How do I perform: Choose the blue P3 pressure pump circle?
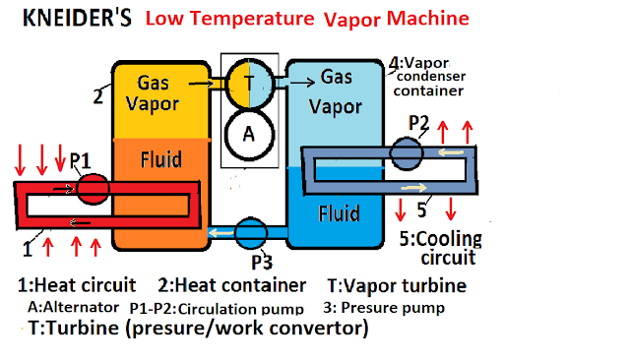[251, 234]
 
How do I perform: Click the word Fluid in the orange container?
[159, 157]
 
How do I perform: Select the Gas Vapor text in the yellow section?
[159, 94]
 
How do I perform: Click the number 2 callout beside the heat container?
[97, 95]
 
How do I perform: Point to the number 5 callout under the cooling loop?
[419, 209]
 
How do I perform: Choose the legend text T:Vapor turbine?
[395, 286]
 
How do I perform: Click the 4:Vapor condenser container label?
[428, 77]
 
